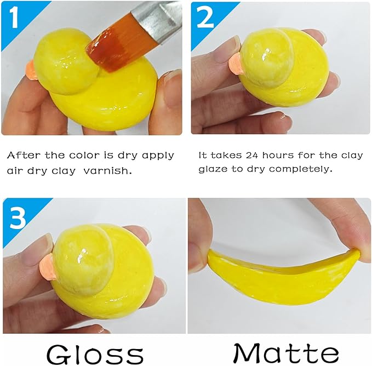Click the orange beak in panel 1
32,70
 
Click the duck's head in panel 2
266,58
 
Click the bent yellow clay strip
279,276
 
